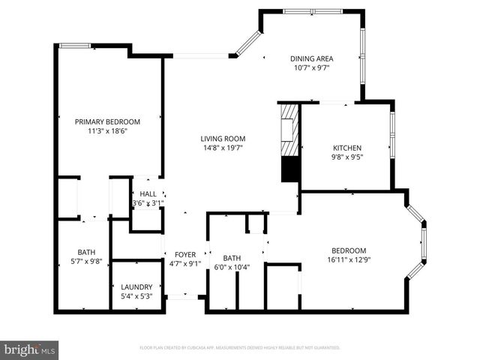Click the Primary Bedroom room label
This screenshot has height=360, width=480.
107,121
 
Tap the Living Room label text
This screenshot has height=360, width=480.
223,139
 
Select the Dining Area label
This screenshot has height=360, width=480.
311,58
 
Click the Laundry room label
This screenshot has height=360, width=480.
137,286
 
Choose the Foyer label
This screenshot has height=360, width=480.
185,254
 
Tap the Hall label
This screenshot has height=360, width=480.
148,193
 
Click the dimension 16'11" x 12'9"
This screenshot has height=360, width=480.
349,259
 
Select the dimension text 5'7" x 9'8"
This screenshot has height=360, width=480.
87,261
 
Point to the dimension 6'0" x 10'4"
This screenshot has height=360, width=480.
232,267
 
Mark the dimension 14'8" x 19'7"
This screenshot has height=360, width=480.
223,148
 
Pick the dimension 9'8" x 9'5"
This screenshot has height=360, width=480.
348,157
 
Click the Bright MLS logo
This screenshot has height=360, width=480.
30,349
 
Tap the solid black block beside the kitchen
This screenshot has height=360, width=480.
289,169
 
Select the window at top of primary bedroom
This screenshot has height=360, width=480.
75,46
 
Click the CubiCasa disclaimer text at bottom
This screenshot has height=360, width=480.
240,348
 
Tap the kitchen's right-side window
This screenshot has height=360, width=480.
392,127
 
